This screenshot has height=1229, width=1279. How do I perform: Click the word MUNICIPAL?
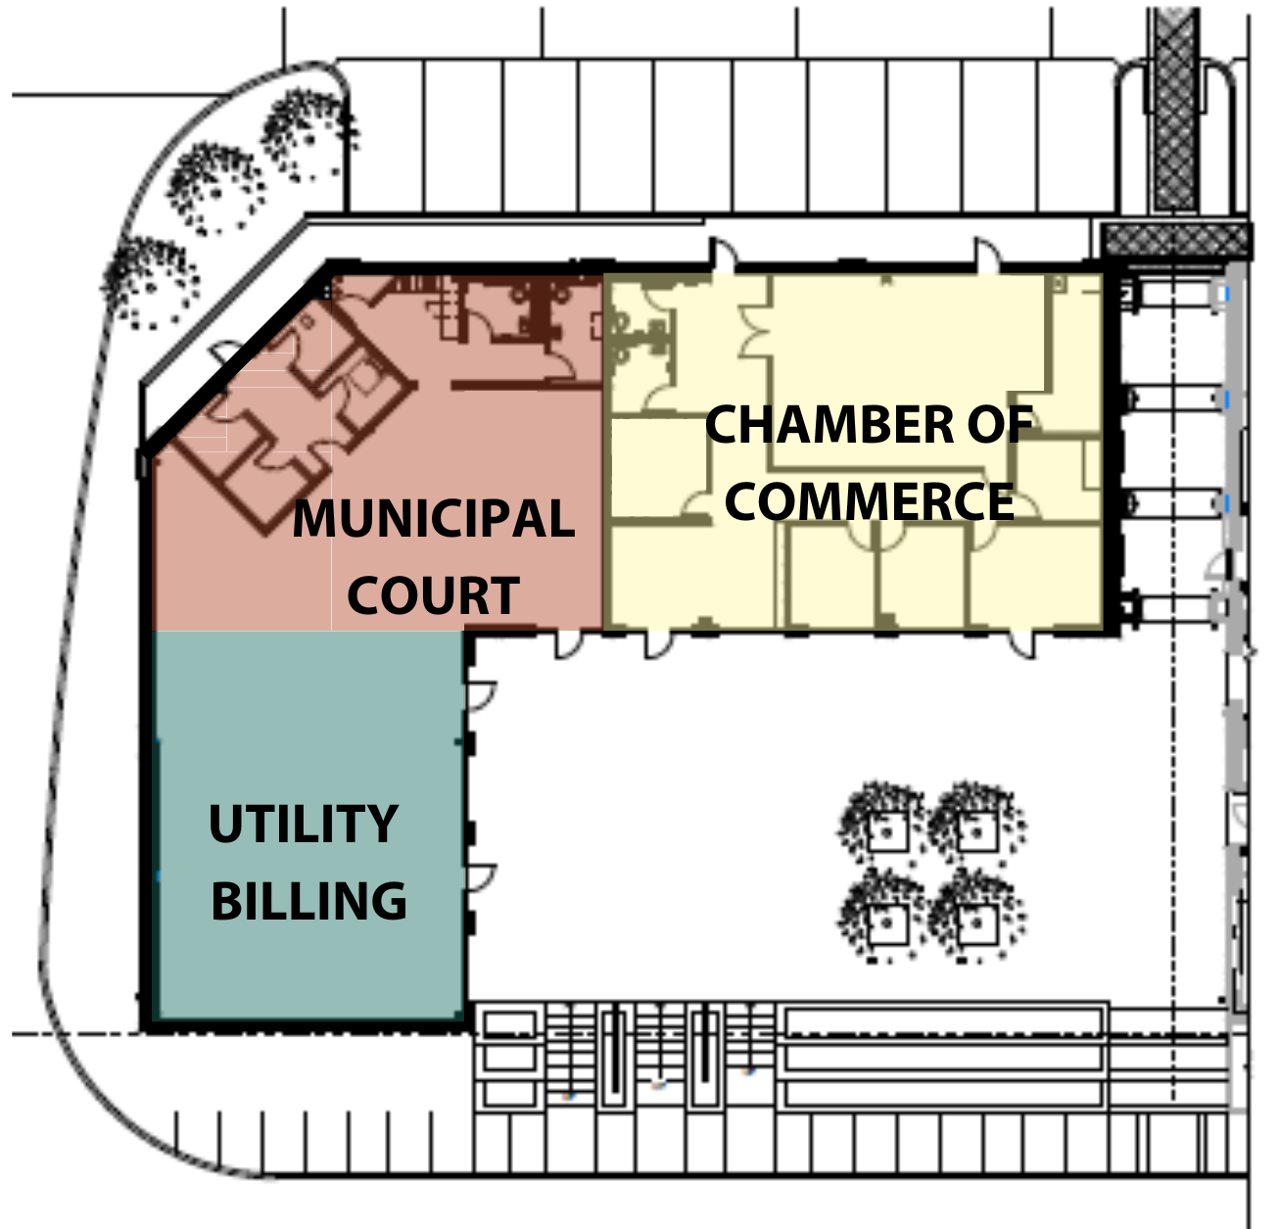click(x=433, y=519)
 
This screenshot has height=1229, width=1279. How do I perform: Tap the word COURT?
click(x=433, y=595)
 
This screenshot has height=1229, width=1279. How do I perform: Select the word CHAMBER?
click(x=829, y=425)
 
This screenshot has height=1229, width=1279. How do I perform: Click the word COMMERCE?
click(x=869, y=501)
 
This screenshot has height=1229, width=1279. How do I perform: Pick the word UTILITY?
click(x=303, y=825)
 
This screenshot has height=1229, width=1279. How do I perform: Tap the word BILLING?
click(x=308, y=902)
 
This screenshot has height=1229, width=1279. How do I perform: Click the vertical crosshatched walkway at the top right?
click(x=1174, y=108)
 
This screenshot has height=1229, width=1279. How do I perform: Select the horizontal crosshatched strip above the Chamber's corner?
click(x=1175, y=241)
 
